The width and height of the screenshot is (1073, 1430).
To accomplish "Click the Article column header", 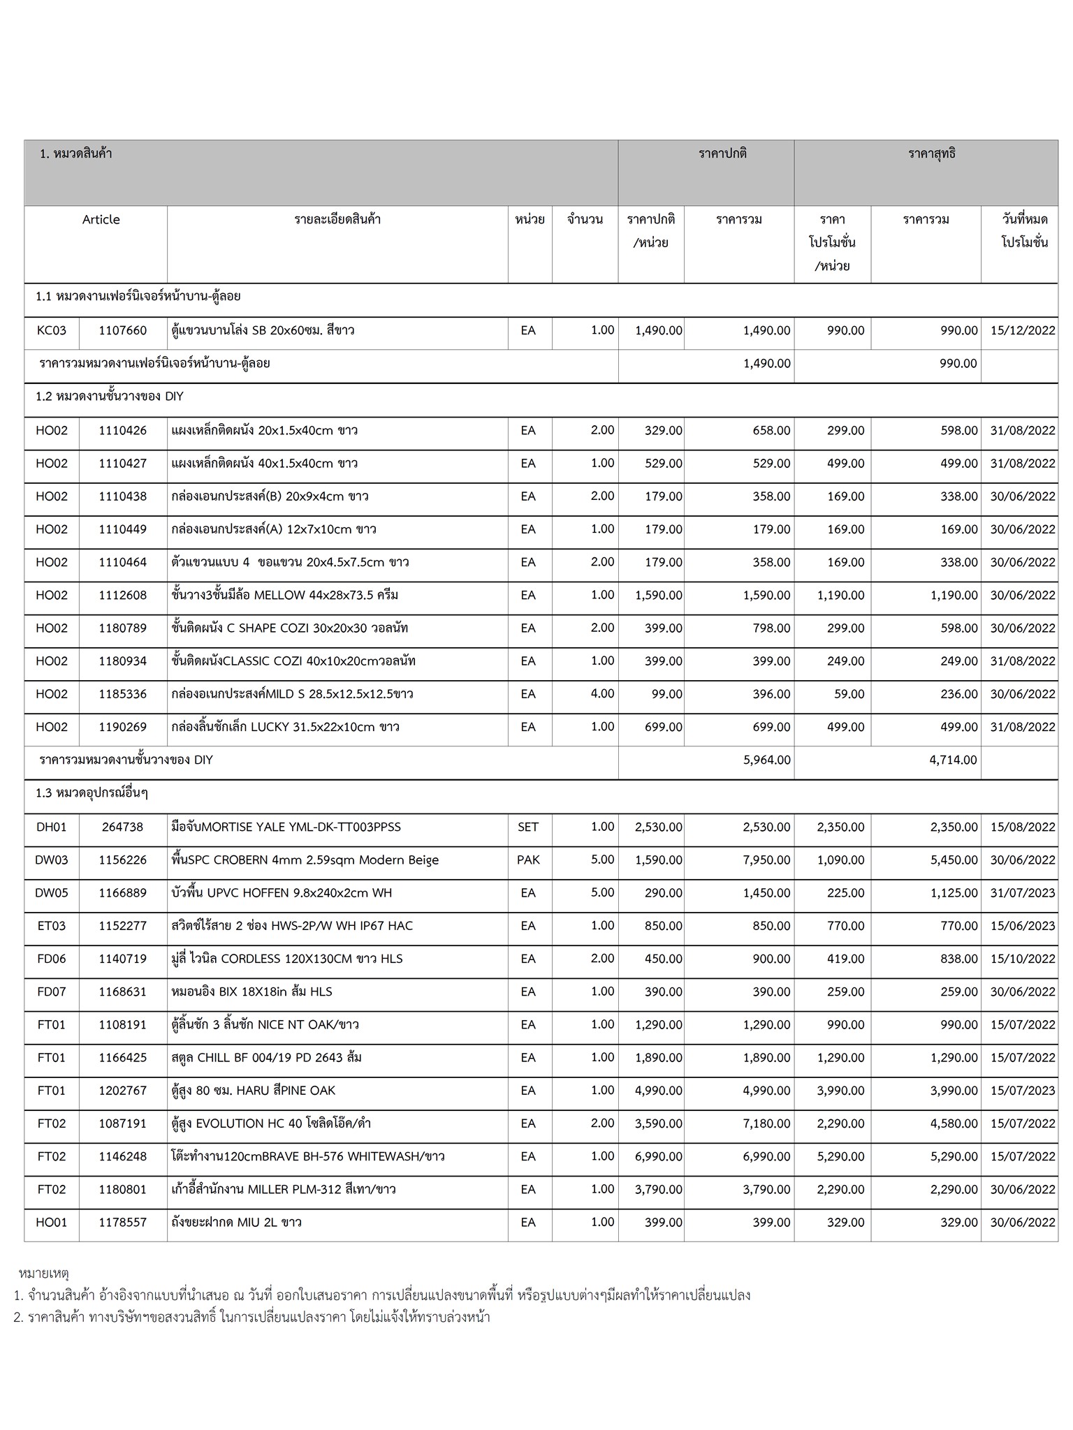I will point(101,219).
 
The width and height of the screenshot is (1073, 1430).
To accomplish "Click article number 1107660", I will point(122,330).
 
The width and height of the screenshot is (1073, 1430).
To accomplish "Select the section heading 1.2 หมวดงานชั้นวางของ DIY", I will point(110,397).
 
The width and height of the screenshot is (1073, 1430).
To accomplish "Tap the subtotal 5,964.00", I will point(767,760).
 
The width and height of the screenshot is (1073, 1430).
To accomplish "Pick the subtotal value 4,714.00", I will point(953,760).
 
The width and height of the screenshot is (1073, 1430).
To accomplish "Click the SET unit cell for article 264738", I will point(528,827).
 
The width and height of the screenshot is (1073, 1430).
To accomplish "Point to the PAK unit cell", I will point(528,860).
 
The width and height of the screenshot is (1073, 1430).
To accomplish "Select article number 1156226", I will point(122,860).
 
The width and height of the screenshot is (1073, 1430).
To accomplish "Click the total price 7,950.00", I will point(767,860).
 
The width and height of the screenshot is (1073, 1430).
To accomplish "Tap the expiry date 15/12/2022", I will point(1023,330).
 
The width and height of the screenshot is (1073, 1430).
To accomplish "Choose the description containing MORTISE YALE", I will point(286,827).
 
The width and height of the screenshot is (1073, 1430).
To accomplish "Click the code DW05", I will point(52,892).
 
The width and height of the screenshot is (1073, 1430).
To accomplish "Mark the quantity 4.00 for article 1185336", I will point(602,693).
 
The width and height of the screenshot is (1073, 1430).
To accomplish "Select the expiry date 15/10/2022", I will point(1023,959).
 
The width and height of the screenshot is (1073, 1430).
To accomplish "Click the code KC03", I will point(52,330).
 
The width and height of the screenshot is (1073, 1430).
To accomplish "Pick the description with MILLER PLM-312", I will point(284,1189).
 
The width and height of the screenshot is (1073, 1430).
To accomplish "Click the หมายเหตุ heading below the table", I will point(43,1274).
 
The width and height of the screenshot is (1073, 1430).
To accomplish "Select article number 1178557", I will point(122,1222).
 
